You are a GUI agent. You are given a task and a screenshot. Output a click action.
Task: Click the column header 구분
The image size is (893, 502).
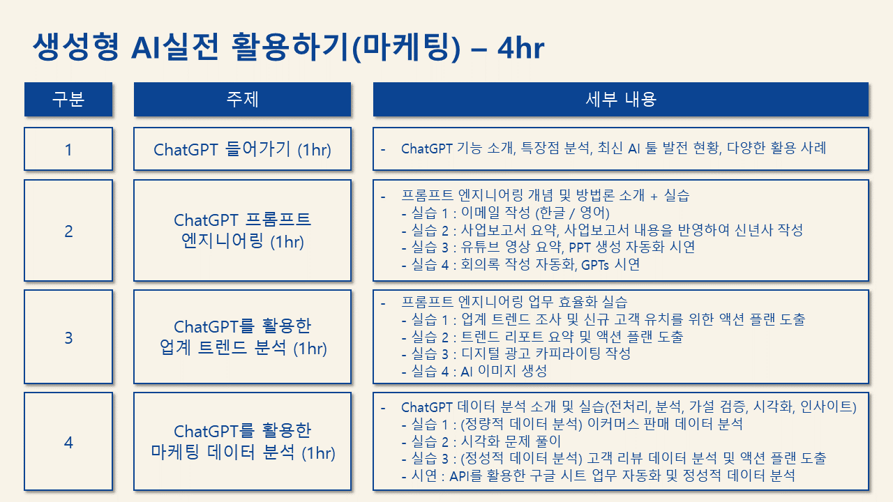pyautogui.click(x=68, y=99)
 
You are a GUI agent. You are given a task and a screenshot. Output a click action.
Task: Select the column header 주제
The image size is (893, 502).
pyautogui.click(x=242, y=99)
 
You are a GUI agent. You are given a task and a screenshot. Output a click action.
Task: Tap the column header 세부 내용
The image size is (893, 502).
pyautogui.click(x=621, y=99)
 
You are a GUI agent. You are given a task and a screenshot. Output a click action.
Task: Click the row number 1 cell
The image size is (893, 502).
pyautogui.click(x=68, y=149)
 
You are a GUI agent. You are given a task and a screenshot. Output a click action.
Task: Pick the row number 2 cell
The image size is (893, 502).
pyautogui.click(x=68, y=231)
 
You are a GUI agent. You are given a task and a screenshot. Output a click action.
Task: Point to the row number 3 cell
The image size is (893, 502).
pyautogui.click(x=68, y=337)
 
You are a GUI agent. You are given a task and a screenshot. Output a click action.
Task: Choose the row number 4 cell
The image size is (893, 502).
pyautogui.click(x=68, y=441)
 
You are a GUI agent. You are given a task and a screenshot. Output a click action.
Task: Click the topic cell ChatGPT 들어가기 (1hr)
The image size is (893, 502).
pyautogui.click(x=242, y=149)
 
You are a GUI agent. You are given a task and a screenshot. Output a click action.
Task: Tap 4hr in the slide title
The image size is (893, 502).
pyautogui.click(x=520, y=48)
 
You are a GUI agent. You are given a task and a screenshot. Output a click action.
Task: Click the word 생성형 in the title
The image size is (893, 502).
pyautogui.click(x=76, y=47)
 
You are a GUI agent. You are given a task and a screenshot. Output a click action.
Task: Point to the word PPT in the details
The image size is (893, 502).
pyautogui.click(x=580, y=248)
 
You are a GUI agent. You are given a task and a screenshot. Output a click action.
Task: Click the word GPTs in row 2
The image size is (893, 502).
pyautogui.click(x=595, y=265)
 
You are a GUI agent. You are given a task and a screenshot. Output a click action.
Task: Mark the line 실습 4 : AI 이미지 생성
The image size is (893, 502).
pyautogui.click(x=474, y=372)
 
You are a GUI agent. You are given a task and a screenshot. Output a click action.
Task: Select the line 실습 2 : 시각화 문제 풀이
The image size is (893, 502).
pyautogui.click(x=481, y=441)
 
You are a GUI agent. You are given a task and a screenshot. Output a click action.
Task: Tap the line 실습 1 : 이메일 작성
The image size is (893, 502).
pyautogui.click(x=506, y=213)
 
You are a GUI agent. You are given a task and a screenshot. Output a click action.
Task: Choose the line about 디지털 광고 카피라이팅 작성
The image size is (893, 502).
pyautogui.click(x=516, y=353)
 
